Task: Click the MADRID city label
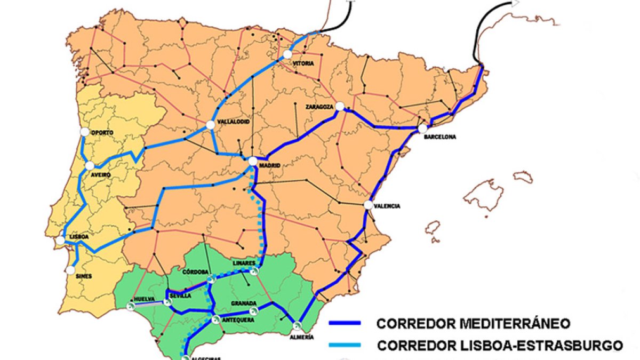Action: (269, 166)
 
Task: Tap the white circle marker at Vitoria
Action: (288, 54)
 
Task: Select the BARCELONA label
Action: (440, 137)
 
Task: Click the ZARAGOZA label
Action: (319, 107)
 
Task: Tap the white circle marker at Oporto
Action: (84, 132)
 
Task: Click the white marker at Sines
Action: (70, 270)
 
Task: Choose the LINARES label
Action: (244, 263)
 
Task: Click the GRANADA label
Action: (244, 303)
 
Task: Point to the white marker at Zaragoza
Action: (340, 107)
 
